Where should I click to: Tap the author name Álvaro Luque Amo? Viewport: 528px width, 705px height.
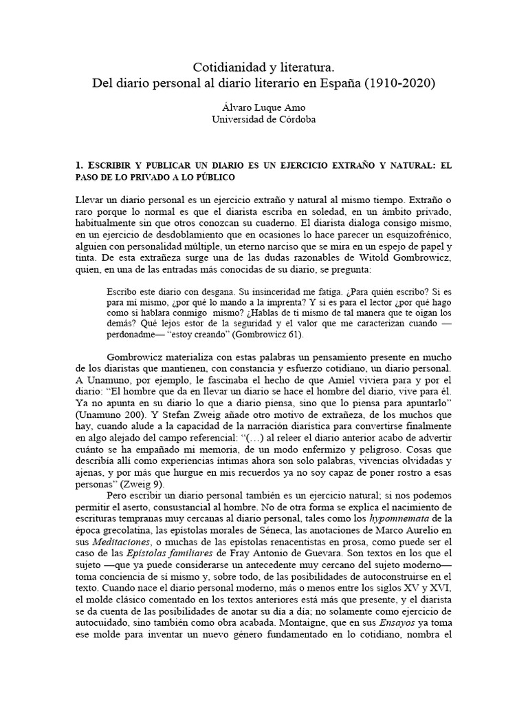pyautogui.click(x=264, y=107)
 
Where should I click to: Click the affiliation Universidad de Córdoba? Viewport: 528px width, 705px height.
pyautogui.click(x=264, y=119)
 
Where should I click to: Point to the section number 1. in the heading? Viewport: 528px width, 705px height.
pyautogui.click(x=79, y=166)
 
